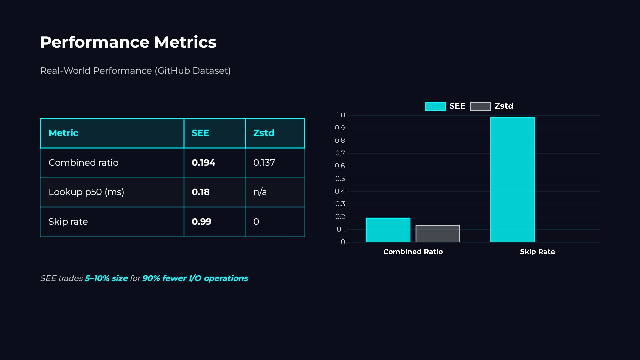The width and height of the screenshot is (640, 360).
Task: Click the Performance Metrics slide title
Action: pyautogui.click(x=128, y=42)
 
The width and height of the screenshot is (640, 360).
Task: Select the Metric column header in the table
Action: pyautogui.click(x=63, y=133)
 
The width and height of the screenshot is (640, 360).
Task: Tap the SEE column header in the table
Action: pyautogui.click(x=200, y=133)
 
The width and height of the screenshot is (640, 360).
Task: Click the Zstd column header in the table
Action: pyautogui.click(x=264, y=133)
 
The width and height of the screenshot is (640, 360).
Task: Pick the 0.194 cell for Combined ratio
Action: pyautogui.click(x=203, y=163)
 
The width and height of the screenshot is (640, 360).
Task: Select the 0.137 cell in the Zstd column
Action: pyautogui.click(x=264, y=163)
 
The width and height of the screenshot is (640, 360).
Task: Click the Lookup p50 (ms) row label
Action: pyautogui.click(x=86, y=192)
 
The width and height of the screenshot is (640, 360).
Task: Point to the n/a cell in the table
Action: pyautogui.click(x=260, y=192)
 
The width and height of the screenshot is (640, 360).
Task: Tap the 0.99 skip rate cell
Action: pyautogui.click(x=201, y=222)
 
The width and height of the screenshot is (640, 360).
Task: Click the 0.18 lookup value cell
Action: pyautogui.click(x=201, y=192)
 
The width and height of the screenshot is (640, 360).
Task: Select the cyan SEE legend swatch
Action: pyautogui.click(x=435, y=106)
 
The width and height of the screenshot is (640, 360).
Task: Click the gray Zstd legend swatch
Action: pyautogui.click(x=480, y=106)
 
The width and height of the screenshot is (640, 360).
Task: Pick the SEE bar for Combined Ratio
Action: pyautogui.click(x=388, y=230)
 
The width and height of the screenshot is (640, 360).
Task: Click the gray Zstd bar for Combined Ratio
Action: pyautogui.click(x=438, y=234)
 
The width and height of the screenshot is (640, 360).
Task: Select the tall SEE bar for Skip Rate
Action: pyautogui.click(x=512, y=180)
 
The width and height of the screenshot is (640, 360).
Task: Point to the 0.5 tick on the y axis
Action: pyautogui.click(x=340, y=179)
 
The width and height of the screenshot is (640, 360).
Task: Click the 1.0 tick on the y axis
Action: pyautogui.click(x=341, y=115)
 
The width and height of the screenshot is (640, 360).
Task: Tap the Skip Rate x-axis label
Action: pyautogui.click(x=537, y=252)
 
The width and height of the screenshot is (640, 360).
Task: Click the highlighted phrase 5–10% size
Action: pyautogui.click(x=106, y=278)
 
